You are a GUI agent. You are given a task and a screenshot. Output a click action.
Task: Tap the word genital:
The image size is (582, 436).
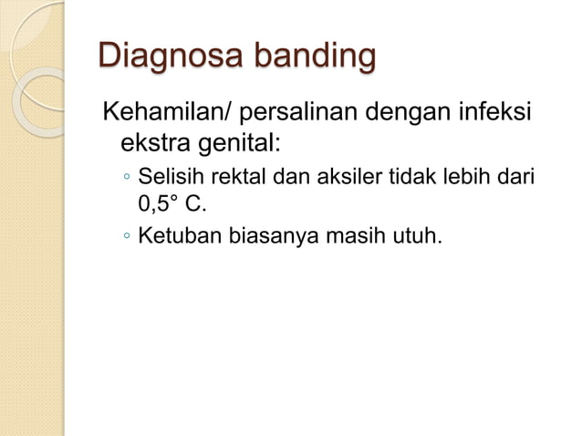239,145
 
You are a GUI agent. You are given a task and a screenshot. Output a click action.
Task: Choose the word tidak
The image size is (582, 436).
408,176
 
